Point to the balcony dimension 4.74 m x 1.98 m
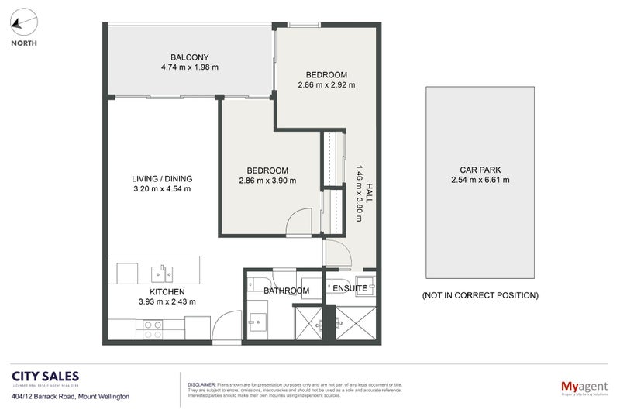(185, 67)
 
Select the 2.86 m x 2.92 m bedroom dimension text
(325, 84)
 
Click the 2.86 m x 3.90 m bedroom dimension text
(267, 181)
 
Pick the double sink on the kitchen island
(162, 272)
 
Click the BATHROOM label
(286, 291)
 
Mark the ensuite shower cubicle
(356, 325)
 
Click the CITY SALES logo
(44, 378)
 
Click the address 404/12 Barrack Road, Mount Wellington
(70, 396)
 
